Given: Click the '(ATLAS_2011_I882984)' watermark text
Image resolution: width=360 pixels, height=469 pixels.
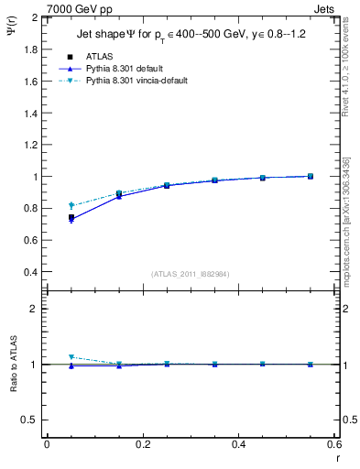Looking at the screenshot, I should click(x=190, y=273).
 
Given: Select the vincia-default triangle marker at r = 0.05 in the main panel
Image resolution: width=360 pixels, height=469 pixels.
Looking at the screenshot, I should click(x=71, y=205).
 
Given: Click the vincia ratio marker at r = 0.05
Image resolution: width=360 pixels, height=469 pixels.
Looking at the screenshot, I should click(x=71, y=357).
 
